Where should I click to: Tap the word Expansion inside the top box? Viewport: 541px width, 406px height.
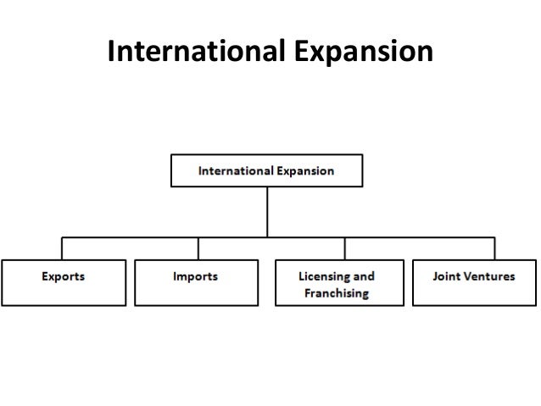click(x=307, y=170)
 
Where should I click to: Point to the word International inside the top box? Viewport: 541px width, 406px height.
click(x=237, y=170)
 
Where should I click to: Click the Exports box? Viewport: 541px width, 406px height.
click(x=64, y=282)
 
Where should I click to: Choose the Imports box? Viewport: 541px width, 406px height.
click(x=198, y=282)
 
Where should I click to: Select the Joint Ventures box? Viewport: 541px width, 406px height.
click(x=473, y=282)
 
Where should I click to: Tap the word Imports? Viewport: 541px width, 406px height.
click(x=197, y=276)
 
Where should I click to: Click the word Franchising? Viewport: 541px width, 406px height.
click(x=337, y=293)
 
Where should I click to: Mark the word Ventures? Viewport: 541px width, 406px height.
click(x=491, y=276)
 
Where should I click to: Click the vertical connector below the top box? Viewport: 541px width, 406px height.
click(x=267, y=212)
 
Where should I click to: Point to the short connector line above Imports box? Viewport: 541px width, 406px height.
click(x=198, y=247)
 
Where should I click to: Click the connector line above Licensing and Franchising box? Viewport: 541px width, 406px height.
click(x=344, y=247)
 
